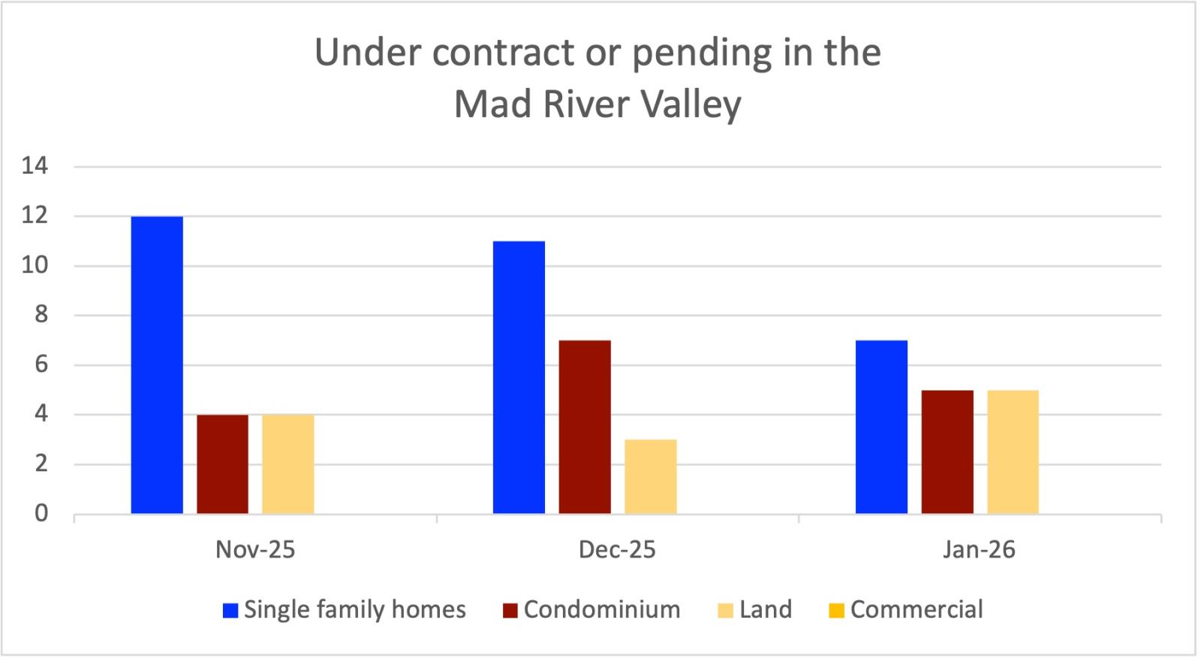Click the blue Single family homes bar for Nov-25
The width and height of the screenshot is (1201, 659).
coord(157,365)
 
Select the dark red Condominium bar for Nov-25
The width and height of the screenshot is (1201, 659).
coord(222,464)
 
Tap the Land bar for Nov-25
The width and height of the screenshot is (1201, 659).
coord(287,464)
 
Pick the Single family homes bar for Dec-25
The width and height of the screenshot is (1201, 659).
coord(519,377)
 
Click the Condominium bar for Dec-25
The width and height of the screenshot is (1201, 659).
coord(584,427)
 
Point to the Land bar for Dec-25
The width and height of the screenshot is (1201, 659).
coord(650,476)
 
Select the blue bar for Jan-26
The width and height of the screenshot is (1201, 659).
coord(881,427)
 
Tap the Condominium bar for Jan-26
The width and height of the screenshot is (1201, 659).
coord(947,452)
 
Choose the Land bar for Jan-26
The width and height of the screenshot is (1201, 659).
coord(1013,452)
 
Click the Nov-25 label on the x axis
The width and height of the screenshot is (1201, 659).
coord(255,550)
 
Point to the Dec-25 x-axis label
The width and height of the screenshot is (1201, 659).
coord(617,550)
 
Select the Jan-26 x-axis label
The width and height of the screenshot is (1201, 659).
coord(979,550)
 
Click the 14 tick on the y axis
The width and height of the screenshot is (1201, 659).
coord(35,166)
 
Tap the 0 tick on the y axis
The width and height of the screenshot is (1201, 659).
coord(41,514)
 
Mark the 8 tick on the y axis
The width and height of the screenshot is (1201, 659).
coord(41,316)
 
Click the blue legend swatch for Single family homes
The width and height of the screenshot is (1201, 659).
coord(230,610)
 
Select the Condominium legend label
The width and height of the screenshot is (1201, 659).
coord(602,609)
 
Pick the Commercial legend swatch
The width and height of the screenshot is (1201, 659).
coord(836,610)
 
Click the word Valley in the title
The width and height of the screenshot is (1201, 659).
coord(690,104)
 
